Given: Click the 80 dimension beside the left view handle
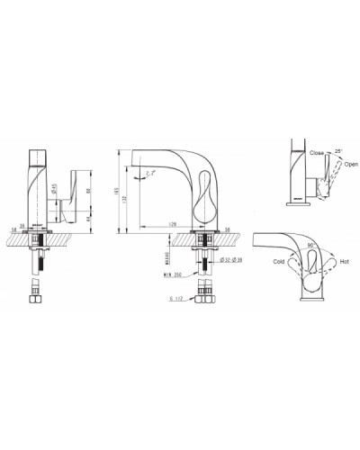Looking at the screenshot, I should [x=86, y=191].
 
